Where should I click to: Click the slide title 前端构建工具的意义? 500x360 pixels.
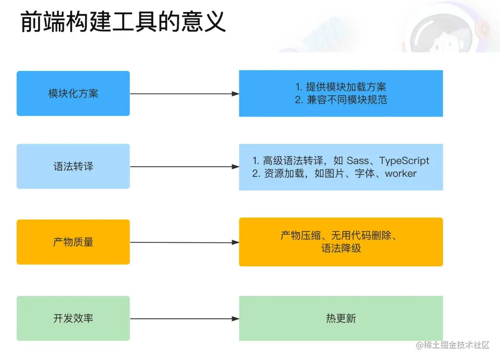pos(123,22)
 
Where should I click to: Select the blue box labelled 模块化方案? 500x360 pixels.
pos(73,93)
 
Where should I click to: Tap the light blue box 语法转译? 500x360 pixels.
pos(73,166)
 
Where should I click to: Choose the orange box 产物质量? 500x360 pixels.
pos(73,242)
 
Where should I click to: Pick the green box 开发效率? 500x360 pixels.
pos(73,318)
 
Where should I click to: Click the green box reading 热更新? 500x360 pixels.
pos(341,318)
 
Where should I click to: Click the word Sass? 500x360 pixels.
pos(358,161)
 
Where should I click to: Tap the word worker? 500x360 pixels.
pos(401,174)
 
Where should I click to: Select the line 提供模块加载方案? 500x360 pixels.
pos(346,87)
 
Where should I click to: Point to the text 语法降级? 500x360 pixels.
pos(341,249)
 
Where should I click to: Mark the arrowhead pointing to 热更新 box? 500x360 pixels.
pos(235,319)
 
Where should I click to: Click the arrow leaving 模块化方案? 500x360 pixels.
pos(184,93)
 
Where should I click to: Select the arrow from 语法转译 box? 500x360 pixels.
pos(184,167)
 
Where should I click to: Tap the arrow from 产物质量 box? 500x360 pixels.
pos(184,242)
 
